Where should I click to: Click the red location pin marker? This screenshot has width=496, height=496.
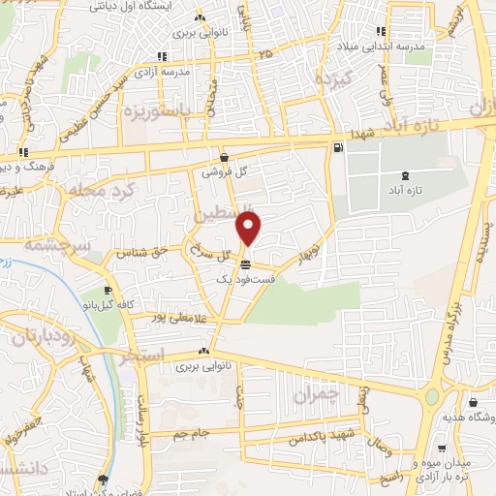pyautogui.click(x=249, y=229)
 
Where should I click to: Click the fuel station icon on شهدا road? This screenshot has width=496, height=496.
pyautogui.click(x=336, y=147)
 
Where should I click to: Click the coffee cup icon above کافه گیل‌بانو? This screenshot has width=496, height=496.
pyautogui.click(x=108, y=290)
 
